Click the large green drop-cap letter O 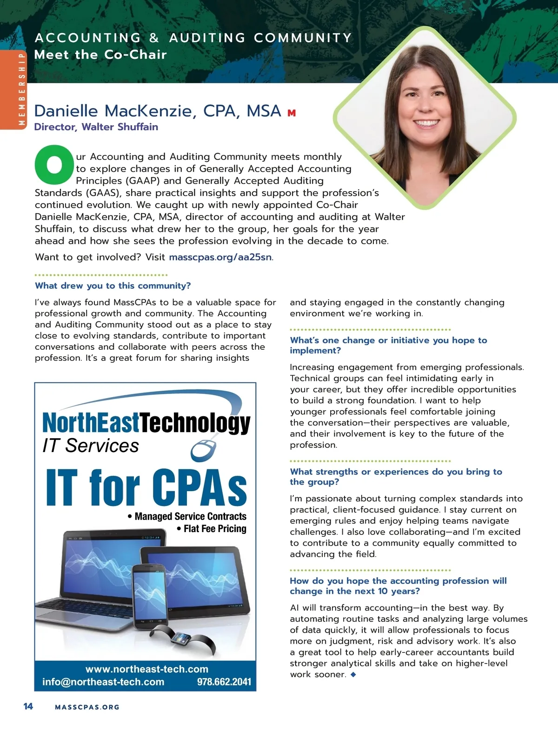(x=54, y=165)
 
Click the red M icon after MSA (x=292, y=113)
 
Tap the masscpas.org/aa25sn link (x=220, y=257)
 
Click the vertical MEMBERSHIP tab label (x=21, y=89)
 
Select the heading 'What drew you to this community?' (x=113, y=286)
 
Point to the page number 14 (x=28, y=706)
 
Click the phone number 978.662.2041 (x=224, y=682)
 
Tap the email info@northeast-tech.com (x=103, y=682)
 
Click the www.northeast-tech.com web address (x=147, y=669)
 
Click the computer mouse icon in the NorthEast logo (x=204, y=449)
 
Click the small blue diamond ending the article (x=353, y=674)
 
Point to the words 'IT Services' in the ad (x=91, y=446)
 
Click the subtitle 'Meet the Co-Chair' (x=100, y=54)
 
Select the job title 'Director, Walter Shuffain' (x=96, y=127)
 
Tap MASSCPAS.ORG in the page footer (x=87, y=707)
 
